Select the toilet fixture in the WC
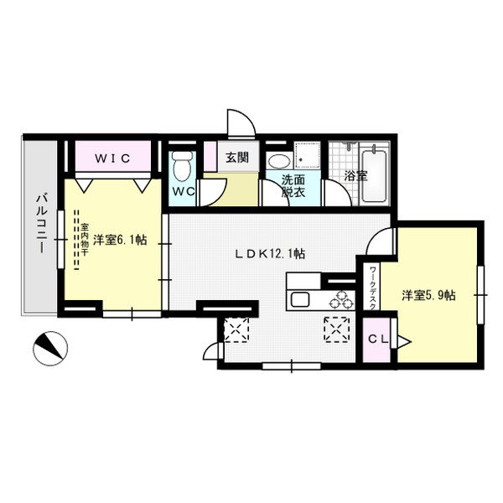(x=180, y=166)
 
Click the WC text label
(x=184, y=192)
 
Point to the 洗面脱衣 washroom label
(x=293, y=185)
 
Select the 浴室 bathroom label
(x=355, y=177)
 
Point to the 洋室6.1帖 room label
(x=120, y=240)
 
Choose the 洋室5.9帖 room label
(x=428, y=295)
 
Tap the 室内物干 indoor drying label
(x=85, y=241)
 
